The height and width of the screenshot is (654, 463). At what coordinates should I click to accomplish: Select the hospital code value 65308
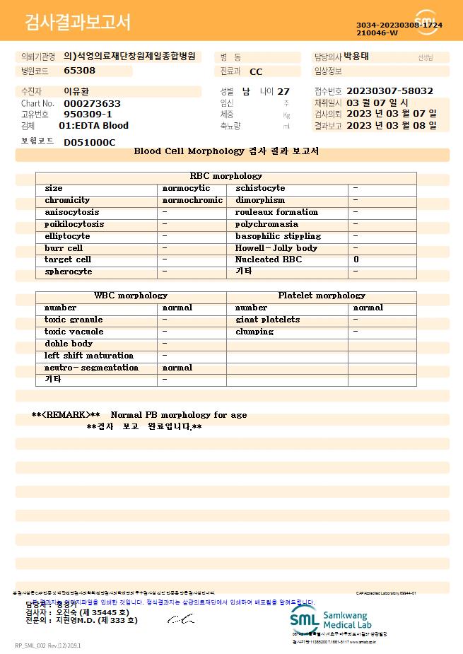click(x=79, y=71)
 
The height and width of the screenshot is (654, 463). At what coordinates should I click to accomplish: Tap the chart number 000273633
click(x=92, y=103)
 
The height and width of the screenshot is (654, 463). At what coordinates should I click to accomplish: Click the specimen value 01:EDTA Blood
click(x=93, y=126)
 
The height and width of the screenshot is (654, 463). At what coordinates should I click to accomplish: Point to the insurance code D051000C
click(x=89, y=142)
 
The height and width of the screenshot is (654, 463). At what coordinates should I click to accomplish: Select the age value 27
click(x=283, y=92)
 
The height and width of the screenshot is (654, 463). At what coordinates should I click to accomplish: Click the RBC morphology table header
click(x=225, y=176)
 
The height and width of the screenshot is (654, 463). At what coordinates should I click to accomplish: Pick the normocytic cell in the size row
click(x=186, y=188)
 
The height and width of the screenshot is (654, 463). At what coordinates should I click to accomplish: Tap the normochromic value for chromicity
click(x=192, y=200)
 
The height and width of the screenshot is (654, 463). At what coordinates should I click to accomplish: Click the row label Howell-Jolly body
click(x=276, y=248)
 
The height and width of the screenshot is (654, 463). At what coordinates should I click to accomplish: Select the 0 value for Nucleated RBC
click(x=356, y=259)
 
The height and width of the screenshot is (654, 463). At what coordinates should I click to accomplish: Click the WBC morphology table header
click(x=131, y=296)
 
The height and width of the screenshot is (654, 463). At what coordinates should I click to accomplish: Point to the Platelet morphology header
click(x=321, y=296)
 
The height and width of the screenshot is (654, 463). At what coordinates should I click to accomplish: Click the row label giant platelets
click(x=267, y=320)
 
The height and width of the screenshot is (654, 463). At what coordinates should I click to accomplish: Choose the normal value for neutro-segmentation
click(x=177, y=368)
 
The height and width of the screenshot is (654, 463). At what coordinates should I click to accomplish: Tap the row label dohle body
click(x=68, y=344)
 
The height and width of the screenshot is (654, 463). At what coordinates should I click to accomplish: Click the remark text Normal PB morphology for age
click(x=179, y=415)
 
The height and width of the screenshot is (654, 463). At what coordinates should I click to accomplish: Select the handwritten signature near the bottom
click(x=180, y=619)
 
